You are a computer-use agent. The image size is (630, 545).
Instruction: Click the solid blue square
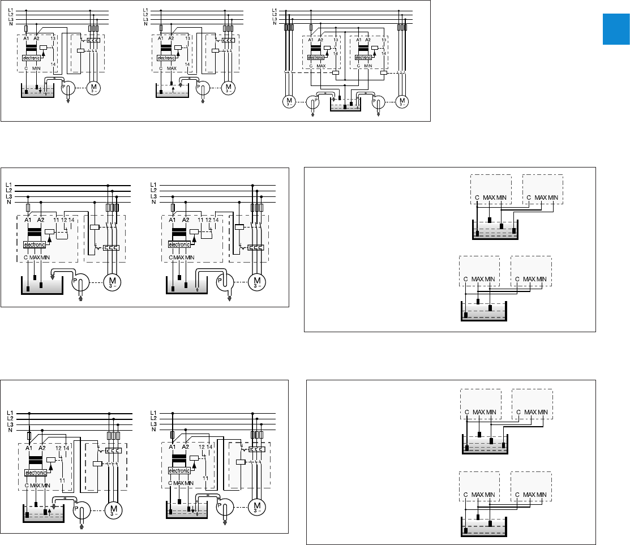tap(615, 30)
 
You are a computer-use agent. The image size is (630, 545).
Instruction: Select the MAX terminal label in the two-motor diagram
tap(322, 66)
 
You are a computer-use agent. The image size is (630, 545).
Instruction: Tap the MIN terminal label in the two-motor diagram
tap(368, 66)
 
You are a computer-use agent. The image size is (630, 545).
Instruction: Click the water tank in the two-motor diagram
tap(345, 106)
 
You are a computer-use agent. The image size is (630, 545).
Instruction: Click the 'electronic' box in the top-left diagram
tap(33, 58)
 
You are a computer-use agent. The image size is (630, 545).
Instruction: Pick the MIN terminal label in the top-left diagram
tap(38, 68)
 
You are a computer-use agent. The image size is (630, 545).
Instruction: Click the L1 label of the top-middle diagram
tap(146, 10)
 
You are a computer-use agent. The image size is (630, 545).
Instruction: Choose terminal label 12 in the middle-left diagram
tap(63, 220)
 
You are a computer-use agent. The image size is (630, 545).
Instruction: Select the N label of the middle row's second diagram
tap(152, 201)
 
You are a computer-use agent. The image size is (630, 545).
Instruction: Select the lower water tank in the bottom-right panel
tap(485, 528)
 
